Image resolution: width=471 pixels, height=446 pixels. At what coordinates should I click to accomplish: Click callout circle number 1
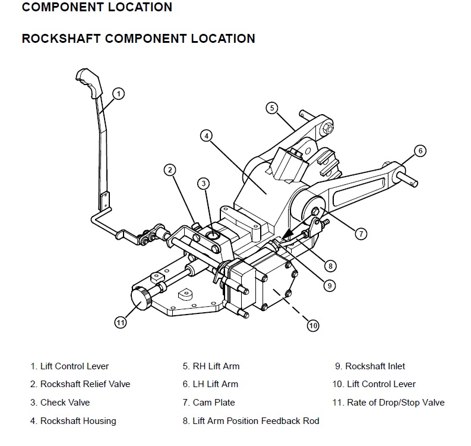point(119,93)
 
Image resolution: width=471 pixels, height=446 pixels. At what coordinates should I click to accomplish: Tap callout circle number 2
point(170,170)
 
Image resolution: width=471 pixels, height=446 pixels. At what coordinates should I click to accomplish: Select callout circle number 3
point(204,183)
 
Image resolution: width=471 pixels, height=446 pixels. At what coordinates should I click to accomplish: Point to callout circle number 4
point(206,136)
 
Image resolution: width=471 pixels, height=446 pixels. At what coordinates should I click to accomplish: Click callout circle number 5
point(271,108)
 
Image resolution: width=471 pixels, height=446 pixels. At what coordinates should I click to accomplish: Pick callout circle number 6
point(419,150)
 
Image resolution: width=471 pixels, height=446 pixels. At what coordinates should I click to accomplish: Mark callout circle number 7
point(361,234)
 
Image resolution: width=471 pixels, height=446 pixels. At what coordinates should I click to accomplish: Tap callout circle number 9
point(329,285)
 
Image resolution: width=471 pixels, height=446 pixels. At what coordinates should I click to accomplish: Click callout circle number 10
point(313,325)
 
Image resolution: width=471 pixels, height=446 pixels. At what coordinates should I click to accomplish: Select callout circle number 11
point(121,322)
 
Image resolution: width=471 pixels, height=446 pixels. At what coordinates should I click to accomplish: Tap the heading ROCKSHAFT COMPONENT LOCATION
point(138,39)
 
